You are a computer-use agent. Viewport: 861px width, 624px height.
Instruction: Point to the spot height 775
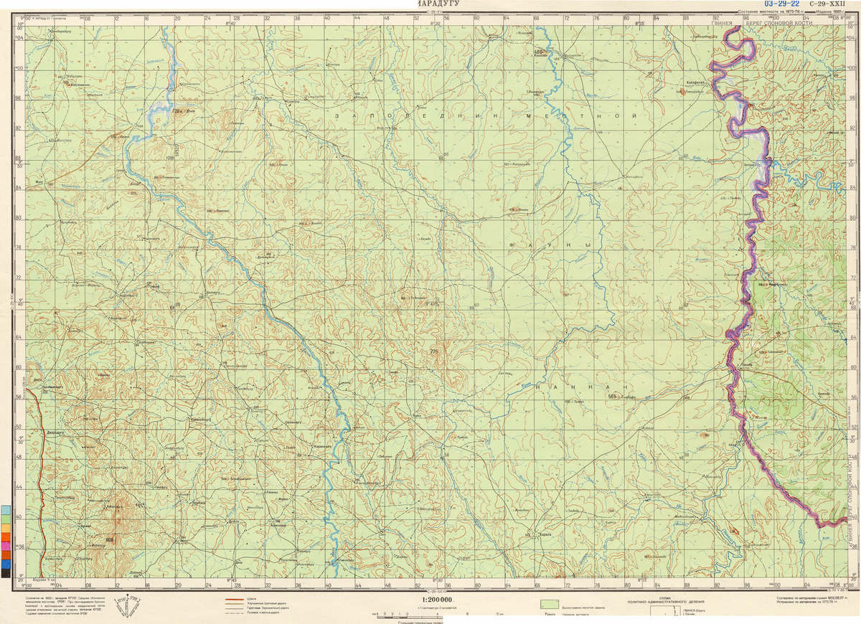pyautogui.click(x=433, y=351)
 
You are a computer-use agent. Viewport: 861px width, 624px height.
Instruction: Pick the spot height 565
pyautogui.click(x=612, y=396)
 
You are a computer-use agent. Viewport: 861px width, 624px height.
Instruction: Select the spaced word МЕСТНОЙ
pyautogui.click(x=580, y=115)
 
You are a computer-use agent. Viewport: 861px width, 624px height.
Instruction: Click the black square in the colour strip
pyautogui.click(x=6, y=572)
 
